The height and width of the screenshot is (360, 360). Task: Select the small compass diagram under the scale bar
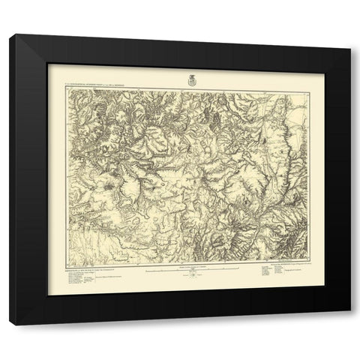pos(193,279)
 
